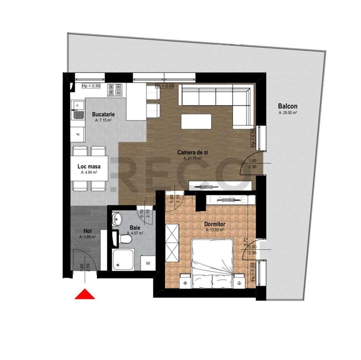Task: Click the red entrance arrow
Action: (x=85, y=294)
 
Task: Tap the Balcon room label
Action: (x=288, y=106)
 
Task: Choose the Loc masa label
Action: (x=89, y=167)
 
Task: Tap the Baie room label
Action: (x=135, y=227)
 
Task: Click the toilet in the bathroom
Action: (x=124, y=238)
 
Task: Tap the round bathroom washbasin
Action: (x=117, y=218)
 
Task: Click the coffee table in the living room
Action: (x=196, y=121)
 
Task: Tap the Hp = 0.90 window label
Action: (x=91, y=86)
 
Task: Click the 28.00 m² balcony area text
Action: (x=288, y=113)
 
